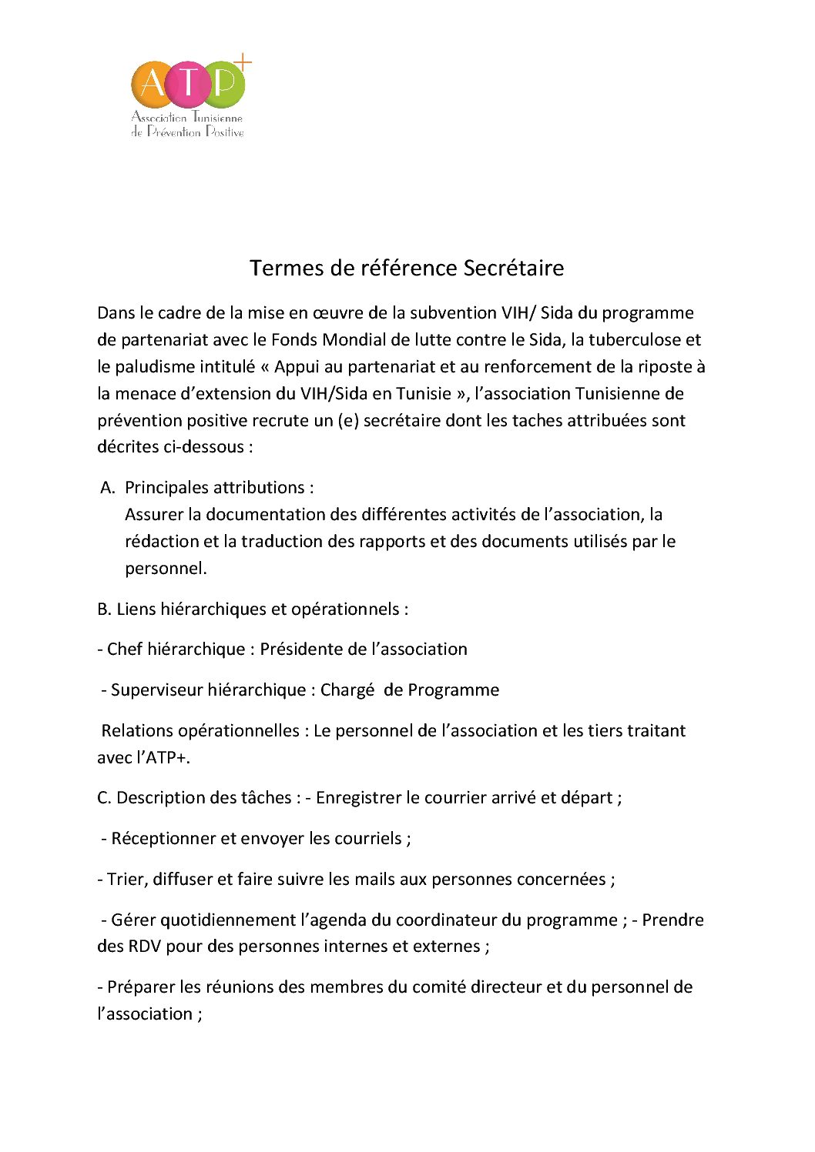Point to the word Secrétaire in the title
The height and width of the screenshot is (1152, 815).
[x=513, y=268]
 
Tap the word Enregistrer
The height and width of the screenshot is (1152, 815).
[x=358, y=798]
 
